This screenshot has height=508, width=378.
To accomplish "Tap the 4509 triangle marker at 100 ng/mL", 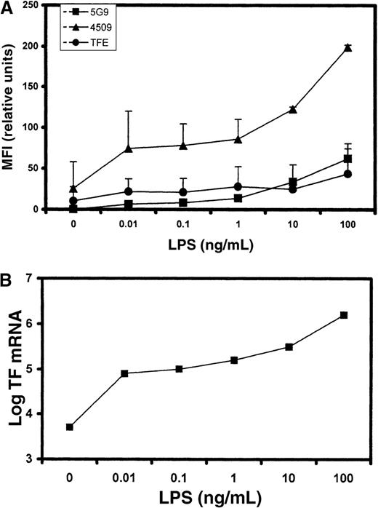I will point(347,47).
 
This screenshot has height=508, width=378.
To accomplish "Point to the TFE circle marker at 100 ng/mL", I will point(347,174).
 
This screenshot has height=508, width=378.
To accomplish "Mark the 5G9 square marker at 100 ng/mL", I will point(347,159).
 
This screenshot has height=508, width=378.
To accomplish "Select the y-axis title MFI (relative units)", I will point(14,108).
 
